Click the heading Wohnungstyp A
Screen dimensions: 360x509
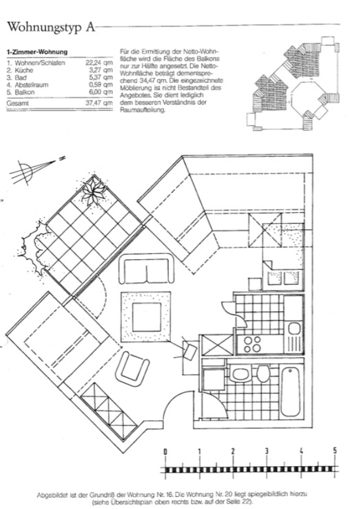pyautogui.click(x=51, y=27)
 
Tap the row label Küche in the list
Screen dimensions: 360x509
pyautogui.click(x=24, y=70)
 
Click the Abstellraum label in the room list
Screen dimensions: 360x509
pyautogui.click(x=31, y=85)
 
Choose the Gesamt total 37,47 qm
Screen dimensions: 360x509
pyautogui.click(x=99, y=103)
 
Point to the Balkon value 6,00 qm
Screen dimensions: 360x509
pyautogui.click(x=100, y=92)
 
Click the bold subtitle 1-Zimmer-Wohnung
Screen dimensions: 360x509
pyautogui.click(x=37, y=52)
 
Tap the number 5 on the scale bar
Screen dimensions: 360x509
pyautogui.click(x=335, y=450)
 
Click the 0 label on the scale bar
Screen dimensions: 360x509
pyautogui.click(x=165, y=451)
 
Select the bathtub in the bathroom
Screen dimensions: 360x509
pyautogui.click(x=290, y=392)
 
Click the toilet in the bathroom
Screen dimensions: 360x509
pyautogui.click(x=263, y=374)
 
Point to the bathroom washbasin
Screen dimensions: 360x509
pyautogui.click(x=240, y=374)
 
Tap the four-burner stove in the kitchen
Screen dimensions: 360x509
pyautogui.click(x=252, y=344)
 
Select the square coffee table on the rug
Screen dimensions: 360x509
pyautogui.click(x=146, y=317)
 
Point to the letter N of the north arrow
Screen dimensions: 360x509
pyautogui.click(x=62, y=159)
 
